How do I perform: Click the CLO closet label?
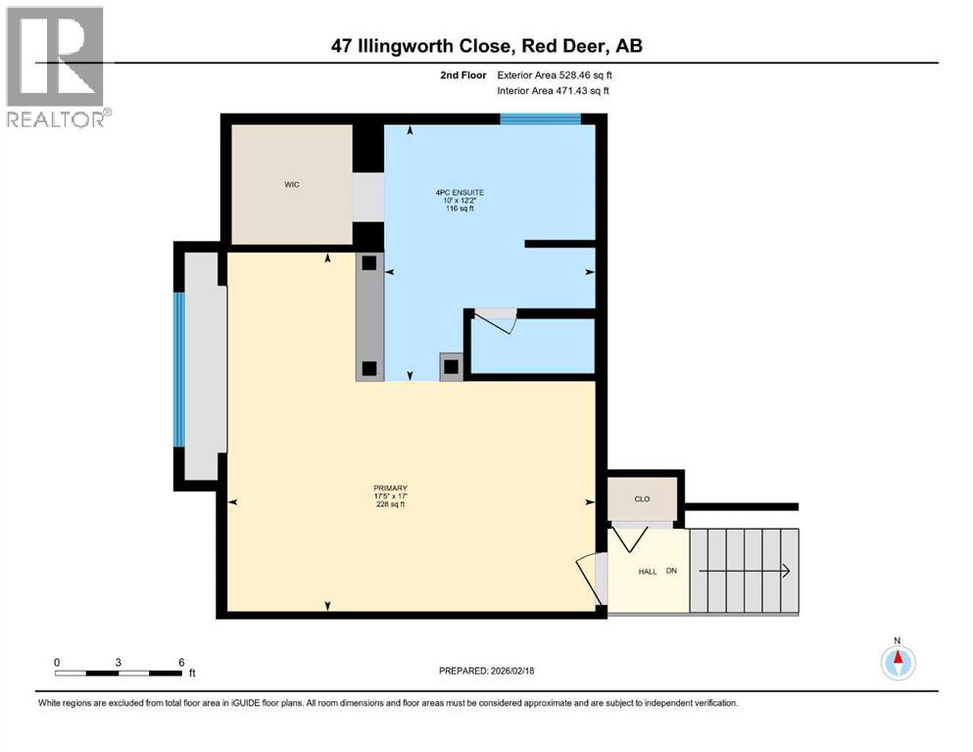pyautogui.click(x=642, y=499)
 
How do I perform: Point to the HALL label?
pyautogui.click(x=648, y=571)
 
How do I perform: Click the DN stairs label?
pyautogui.click(x=672, y=571)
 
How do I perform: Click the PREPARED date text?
pyautogui.click(x=487, y=671)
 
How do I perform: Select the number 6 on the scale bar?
pyautogui.click(x=181, y=663)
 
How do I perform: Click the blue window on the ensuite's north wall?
pyautogui.click(x=540, y=119)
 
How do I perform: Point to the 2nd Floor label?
pyautogui.click(x=462, y=74)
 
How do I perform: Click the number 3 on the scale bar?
pyautogui.click(x=119, y=663)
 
